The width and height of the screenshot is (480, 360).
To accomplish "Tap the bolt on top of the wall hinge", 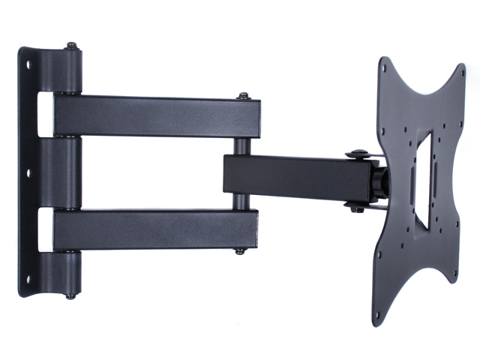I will tap(71, 46).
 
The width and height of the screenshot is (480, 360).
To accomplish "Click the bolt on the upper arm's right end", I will tap(243, 95).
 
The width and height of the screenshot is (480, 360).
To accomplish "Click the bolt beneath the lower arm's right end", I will tap(241, 250).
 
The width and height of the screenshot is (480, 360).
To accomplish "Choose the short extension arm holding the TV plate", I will tap(300, 177).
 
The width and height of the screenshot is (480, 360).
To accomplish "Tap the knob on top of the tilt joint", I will tap(357, 154).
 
